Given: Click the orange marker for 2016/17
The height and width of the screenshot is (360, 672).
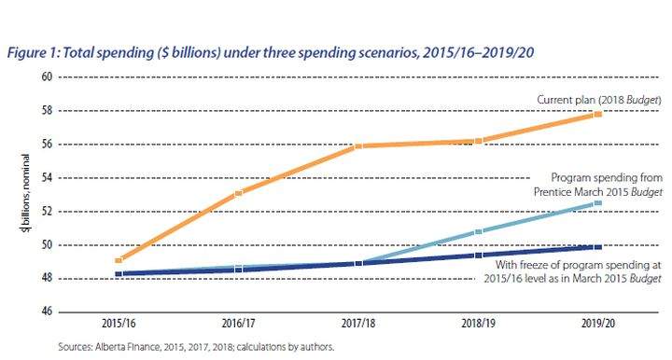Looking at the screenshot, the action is [239, 193].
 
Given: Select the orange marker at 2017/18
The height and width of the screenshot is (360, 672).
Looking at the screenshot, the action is [358, 146].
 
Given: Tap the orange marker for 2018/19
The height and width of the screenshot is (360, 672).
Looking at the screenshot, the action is [479, 141].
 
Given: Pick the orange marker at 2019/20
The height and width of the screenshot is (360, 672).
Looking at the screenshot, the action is [598, 114].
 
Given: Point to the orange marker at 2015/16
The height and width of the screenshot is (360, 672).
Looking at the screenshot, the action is [119, 260].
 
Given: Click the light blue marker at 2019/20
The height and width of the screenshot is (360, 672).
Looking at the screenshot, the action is [598, 203].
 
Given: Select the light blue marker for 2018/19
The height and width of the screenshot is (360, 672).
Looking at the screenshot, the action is [479, 231].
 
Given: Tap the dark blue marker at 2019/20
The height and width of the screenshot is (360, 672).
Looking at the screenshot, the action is [598, 247].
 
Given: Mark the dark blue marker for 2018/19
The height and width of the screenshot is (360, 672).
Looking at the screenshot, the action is [479, 256].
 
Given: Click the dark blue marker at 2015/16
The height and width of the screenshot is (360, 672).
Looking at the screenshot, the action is [119, 273].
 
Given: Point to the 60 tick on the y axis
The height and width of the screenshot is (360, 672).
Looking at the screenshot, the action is [48, 76].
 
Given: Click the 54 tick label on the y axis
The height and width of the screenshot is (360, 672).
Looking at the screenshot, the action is [48, 177].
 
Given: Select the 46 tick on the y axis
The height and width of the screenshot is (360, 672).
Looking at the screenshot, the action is [48, 312].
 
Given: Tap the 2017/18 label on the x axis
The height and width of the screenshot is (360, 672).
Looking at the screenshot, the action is [358, 323].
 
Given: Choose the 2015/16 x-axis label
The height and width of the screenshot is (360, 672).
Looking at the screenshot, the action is [119, 323].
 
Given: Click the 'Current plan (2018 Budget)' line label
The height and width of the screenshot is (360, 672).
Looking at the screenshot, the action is [599, 100].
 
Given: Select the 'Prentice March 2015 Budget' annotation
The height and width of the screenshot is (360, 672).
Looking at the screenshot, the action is [598, 192].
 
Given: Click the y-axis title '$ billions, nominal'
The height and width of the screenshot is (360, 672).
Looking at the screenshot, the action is [26, 193].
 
